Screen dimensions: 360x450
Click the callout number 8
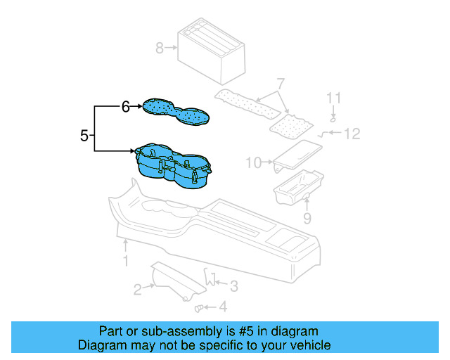(160, 48)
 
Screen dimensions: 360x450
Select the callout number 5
(84, 135)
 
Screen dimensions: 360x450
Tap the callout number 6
(125, 107)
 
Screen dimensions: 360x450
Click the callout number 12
(352, 133)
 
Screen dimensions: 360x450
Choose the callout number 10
(253, 163)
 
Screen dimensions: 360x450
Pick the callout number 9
(307, 219)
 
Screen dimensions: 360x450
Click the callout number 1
(125, 262)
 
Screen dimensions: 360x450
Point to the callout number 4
(222, 307)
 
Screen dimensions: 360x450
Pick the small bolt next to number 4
(199, 307)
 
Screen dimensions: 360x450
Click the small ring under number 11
(334, 117)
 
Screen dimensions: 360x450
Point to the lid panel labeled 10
(297, 155)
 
